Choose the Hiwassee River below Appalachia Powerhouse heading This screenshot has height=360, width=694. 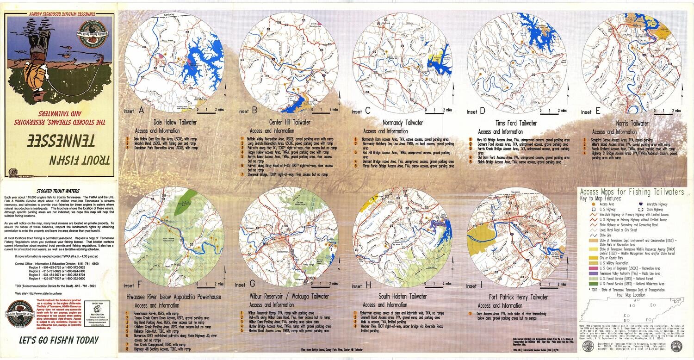pyautogui.click(x=173, y=297)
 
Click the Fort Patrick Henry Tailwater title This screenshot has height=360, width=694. pyautogui.click(x=518, y=298)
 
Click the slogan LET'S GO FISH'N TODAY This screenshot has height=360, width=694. pyautogui.click(x=59, y=341)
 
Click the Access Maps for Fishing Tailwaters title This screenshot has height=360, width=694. pyautogui.click(x=632, y=192)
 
